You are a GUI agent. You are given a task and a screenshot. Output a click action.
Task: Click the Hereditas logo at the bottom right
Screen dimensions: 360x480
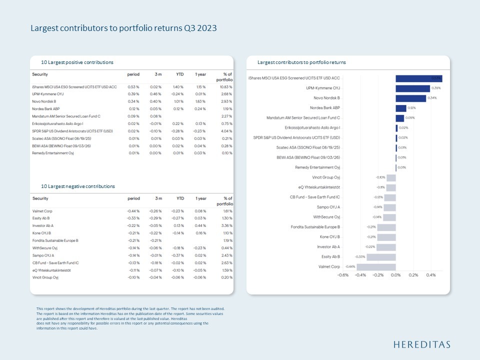coord(421,344)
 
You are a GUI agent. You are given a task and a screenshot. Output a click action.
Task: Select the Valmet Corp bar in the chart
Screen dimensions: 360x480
coord(376,266)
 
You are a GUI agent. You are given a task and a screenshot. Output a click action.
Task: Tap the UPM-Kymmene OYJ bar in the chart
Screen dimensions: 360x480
coord(412,88)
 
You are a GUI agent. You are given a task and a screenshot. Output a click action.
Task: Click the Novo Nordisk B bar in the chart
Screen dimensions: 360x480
coord(410,98)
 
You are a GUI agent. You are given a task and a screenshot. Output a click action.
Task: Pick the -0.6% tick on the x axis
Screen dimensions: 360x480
coord(343,274)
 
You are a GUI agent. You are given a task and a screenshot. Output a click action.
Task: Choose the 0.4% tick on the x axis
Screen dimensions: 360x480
coord(431,274)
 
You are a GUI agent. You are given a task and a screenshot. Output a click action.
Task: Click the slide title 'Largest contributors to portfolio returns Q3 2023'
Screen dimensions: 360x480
coord(123,28)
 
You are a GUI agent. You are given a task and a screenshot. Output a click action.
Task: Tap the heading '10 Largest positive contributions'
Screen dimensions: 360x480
coord(77,62)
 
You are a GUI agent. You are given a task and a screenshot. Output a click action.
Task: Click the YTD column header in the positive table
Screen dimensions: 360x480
coord(179,74)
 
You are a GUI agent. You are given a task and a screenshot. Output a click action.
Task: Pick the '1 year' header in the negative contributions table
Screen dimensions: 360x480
coord(201,198)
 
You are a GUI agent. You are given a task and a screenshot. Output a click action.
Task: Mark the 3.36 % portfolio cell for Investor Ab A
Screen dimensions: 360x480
coord(226,225)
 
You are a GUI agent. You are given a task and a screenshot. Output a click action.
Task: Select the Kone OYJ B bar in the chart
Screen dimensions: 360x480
coord(386,236)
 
